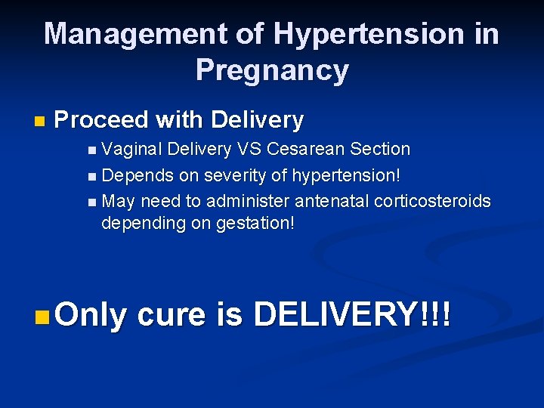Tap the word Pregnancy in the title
(272, 70)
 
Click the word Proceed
(104, 119)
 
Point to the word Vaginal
(132, 150)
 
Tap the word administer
(249, 201)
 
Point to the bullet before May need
(92, 202)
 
